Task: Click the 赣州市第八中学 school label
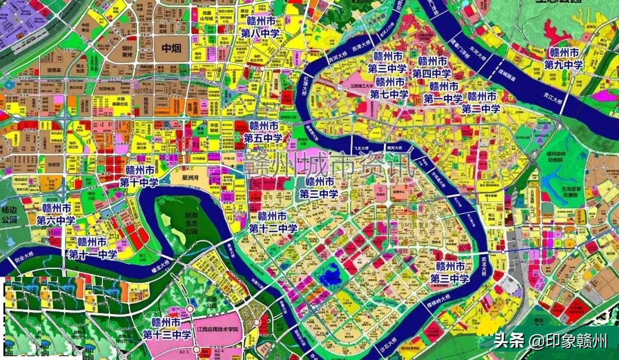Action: click(x=264, y=27)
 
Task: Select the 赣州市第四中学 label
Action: click(x=432, y=67)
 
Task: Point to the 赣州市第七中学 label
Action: click(x=389, y=88)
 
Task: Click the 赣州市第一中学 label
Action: click(x=443, y=92)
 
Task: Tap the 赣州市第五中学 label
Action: click(x=263, y=132)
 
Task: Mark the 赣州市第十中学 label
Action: click(x=139, y=176)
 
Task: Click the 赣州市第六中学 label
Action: click(x=56, y=214)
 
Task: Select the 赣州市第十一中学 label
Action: click(x=93, y=247)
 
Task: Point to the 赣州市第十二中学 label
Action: click(x=273, y=222)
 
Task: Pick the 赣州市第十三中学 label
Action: click(x=166, y=328)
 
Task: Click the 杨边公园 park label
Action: click(x=10, y=214)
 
